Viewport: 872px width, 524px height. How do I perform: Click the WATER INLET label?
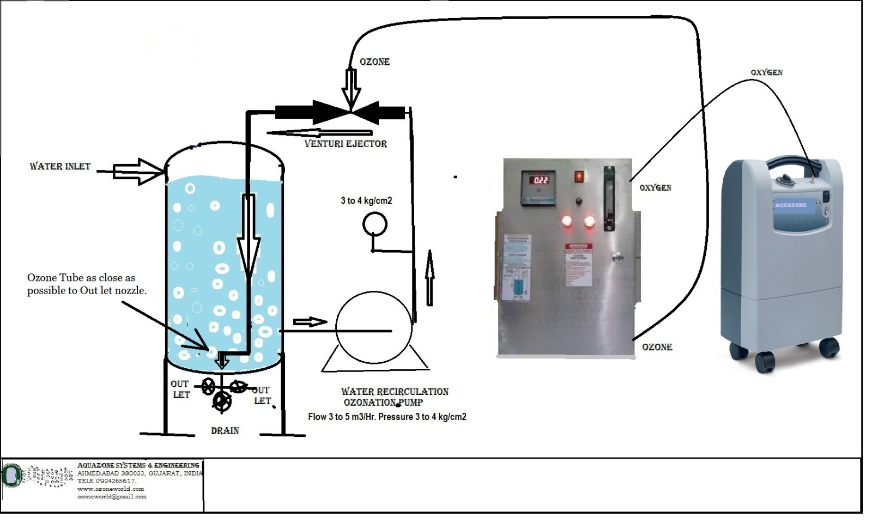tap(60, 166)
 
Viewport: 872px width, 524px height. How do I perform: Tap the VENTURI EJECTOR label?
tap(346, 144)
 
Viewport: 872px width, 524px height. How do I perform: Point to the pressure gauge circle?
tap(374, 224)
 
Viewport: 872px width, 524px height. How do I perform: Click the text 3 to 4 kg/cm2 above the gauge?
tap(366, 200)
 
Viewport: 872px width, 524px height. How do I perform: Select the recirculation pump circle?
tap(373, 327)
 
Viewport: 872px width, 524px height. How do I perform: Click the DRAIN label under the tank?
tap(225, 430)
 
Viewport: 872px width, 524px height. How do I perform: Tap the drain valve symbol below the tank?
tap(222, 401)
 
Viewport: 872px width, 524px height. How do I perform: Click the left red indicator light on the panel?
tap(567, 221)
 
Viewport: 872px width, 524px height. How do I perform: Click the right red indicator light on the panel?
tap(589, 221)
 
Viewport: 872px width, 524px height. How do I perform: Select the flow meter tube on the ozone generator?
tap(609, 199)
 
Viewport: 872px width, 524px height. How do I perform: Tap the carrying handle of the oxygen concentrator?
tap(794, 162)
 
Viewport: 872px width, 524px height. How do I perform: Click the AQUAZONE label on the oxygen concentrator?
tap(791, 205)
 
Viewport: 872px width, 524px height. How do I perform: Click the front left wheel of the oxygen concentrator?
tap(764, 361)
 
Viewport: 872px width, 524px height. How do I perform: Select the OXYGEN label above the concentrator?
tap(766, 72)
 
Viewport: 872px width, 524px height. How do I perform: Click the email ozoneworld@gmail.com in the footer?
tap(112, 497)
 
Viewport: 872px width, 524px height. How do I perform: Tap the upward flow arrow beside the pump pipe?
tap(429, 277)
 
